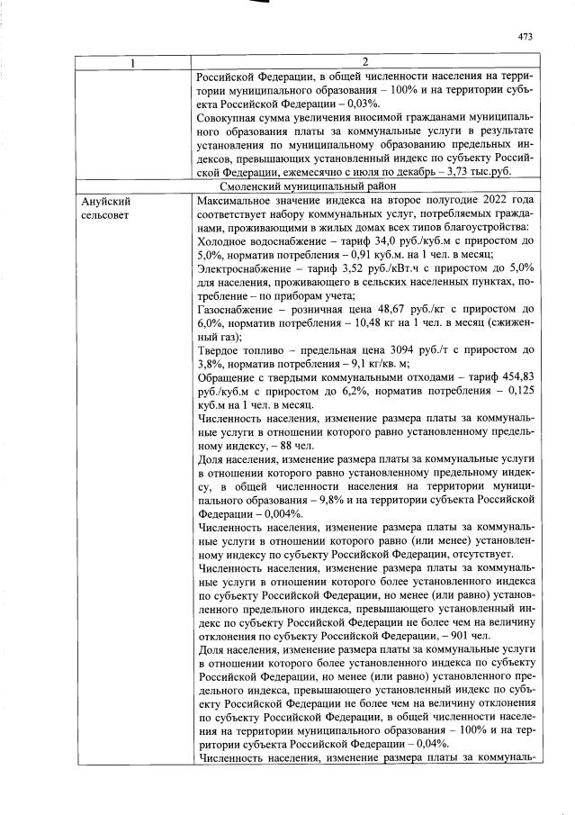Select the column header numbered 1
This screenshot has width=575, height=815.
click(132, 62)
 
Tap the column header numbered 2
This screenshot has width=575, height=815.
click(364, 62)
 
